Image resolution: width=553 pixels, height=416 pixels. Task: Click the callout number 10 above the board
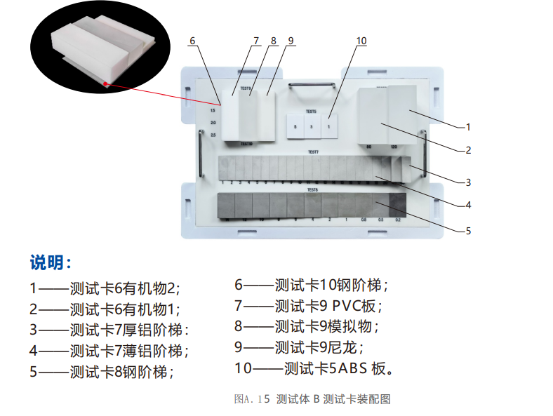(x=361, y=41)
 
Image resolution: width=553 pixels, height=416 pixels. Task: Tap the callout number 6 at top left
(x=192, y=41)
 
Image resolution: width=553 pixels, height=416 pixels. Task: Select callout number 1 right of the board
(x=467, y=128)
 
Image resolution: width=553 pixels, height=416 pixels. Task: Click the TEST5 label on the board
(x=311, y=112)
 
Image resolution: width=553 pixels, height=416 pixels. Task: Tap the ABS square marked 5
(x=295, y=127)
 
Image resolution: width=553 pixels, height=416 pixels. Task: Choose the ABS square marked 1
(x=329, y=127)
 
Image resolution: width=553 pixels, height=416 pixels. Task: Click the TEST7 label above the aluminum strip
(x=313, y=152)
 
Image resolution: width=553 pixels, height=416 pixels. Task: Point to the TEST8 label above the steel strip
(x=313, y=189)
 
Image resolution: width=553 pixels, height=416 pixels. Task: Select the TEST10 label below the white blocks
(x=246, y=144)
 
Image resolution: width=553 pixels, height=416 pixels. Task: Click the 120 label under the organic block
(x=396, y=147)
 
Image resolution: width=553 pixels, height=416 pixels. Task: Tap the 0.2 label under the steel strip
(x=398, y=220)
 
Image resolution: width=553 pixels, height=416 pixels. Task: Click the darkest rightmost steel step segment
(x=398, y=204)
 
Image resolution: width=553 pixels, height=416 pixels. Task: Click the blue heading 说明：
(x=51, y=263)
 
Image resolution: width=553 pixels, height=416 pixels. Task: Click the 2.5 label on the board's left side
(x=213, y=135)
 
